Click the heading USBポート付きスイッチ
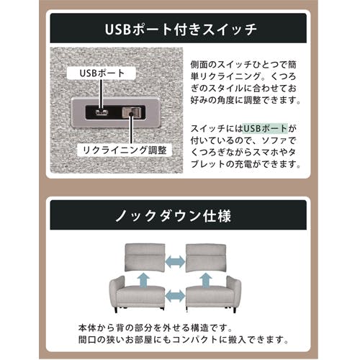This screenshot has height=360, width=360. [179, 31]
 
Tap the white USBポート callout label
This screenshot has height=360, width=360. [96, 73]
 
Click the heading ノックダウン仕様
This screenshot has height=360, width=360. [179, 215]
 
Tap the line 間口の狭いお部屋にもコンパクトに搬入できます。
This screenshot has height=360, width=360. [176, 339]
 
